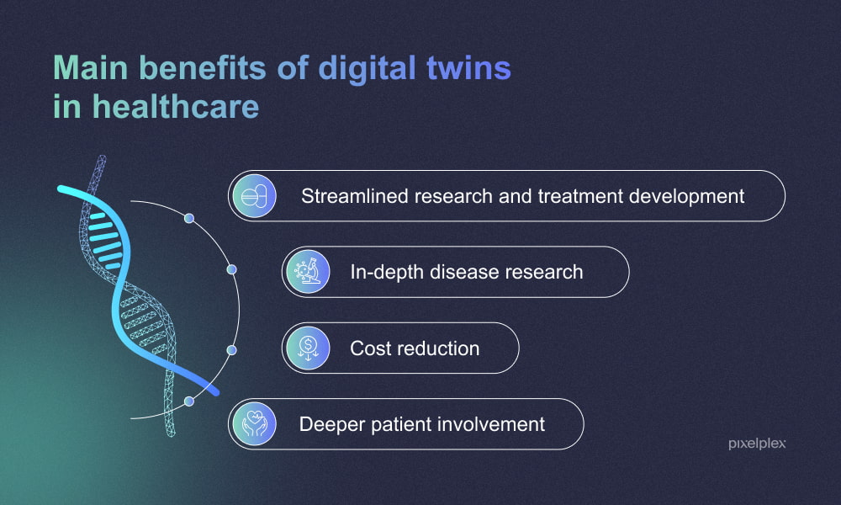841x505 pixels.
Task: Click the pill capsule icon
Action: [254, 196]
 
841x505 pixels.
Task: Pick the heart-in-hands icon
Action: [254, 423]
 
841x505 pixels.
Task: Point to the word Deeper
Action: [330, 423]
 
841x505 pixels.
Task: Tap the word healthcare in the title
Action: [175, 107]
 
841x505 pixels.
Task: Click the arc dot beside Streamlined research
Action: [189, 218]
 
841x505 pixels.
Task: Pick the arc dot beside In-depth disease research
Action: [232, 269]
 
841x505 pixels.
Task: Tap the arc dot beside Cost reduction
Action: [232, 349]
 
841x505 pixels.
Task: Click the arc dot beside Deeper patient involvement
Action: [189, 401]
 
